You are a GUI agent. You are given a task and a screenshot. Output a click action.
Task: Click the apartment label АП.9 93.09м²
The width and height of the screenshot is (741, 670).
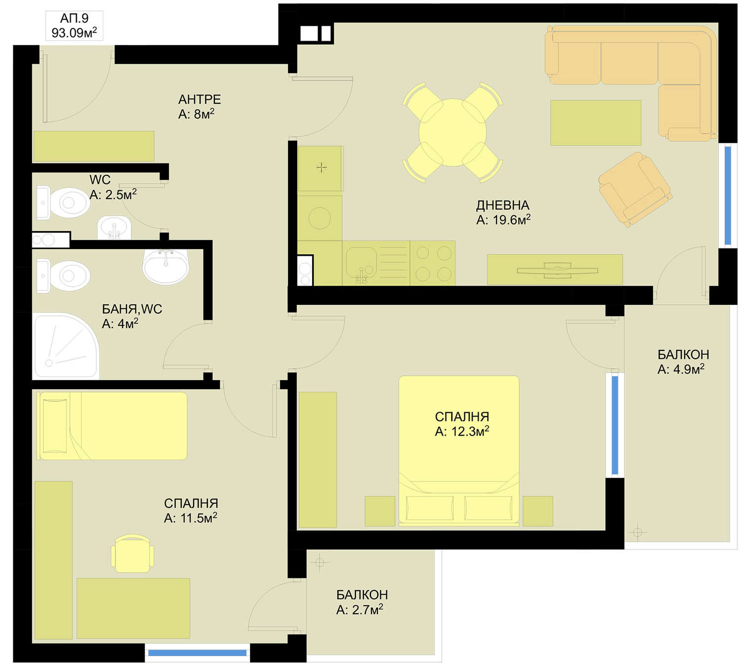click(74, 26)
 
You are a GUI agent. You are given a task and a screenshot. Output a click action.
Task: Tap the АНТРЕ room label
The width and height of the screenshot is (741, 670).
click(200, 99)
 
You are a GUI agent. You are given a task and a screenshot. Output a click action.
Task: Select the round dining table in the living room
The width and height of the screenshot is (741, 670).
click(453, 132)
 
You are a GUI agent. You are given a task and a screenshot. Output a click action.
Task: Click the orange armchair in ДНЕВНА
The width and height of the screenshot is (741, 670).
click(635, 189)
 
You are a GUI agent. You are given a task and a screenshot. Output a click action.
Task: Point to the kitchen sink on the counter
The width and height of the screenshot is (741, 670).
click(361, 263)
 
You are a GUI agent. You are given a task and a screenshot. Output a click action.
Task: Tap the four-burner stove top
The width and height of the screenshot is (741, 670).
click(433, 263)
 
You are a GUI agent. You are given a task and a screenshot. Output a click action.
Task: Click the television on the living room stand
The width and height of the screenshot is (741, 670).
click(557, 270)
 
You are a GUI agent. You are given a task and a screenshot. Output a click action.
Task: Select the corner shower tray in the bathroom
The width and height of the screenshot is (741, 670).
click(66, 346)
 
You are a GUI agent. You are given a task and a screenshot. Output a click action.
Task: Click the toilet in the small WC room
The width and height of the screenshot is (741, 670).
click(63, 203)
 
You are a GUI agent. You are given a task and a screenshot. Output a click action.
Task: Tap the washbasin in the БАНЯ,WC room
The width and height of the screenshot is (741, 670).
click(166, 266)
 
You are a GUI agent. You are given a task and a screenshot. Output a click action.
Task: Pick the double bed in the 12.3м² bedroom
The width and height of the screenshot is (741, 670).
click(459, 451)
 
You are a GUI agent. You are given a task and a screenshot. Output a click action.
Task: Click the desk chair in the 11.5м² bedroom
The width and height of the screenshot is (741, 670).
click(132, 553)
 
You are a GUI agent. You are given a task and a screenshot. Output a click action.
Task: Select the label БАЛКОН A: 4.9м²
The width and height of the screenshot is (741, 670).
click(683, 362)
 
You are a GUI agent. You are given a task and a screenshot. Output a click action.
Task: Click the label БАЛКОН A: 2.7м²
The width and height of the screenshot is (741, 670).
click(362, 602)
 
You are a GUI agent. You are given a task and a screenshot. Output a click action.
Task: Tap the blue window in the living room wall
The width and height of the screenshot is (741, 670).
click(728, 196)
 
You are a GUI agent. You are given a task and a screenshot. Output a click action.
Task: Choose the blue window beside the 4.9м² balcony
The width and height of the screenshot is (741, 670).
click(615, 425)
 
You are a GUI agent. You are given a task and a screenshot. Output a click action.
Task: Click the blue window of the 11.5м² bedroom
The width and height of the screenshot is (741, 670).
click(197, 653)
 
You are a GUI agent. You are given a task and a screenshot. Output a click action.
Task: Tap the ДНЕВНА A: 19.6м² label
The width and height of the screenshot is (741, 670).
click(503, 212)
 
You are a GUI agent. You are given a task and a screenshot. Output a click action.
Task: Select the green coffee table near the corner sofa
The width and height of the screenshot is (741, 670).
click(595, 123)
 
